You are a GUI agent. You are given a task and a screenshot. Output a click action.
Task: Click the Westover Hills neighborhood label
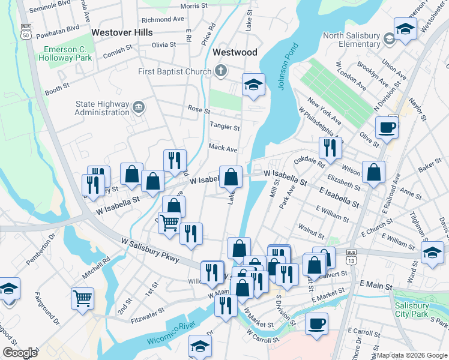click(x=122, y=32)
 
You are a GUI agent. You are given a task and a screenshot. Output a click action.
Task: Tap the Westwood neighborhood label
click(x=235, y=52)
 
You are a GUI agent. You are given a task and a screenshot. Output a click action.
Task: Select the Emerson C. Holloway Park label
click(x=65, y=54)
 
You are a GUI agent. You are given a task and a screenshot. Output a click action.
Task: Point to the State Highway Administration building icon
click(x=139, y=107)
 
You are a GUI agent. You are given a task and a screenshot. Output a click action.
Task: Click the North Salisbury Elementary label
click(x=351, y=40)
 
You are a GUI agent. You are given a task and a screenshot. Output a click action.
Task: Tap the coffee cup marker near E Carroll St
click(x=316, y=323)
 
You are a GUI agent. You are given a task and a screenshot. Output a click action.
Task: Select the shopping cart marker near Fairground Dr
click(x=82, y=298)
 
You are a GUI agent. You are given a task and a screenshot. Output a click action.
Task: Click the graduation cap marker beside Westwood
click(x=253, y=85)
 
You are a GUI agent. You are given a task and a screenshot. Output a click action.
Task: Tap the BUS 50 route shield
click(x=25, y=32)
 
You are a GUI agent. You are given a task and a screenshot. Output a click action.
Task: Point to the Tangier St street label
click(x=224, y=127)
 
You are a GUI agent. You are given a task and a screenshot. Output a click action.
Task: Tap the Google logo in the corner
click(x=20, y=352)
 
